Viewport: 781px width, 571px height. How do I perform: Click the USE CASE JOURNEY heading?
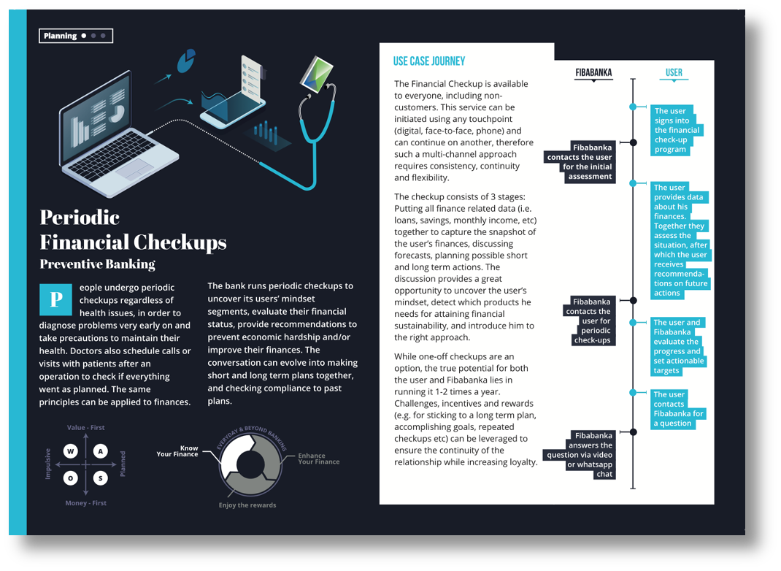click(x=429, y=61)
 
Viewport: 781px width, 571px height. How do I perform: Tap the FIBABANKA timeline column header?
click(x=593, y=72)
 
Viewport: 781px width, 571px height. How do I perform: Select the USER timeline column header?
click(x=674, y=72)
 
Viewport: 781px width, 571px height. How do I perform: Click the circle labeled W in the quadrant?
click(x=71, y=451)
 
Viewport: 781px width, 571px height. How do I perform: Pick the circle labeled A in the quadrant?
click(x=101, y=451)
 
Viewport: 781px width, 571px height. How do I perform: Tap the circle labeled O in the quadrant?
click(x=71, y=478)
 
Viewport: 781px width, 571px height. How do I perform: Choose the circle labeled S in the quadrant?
click(x=101, y=478)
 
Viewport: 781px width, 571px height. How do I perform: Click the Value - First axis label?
click(x=86, y=428)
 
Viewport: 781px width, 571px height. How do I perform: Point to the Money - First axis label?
click(x=86, y=503)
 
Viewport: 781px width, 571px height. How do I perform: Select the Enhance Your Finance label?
click(x=318, y=459)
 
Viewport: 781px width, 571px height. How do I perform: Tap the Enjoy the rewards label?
click(x=247, y=505)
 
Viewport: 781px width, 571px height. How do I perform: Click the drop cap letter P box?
click(x=55, y=299)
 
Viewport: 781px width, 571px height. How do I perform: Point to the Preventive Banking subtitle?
click(x=97, y=264)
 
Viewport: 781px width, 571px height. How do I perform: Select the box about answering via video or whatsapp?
click(x=590, y=455)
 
